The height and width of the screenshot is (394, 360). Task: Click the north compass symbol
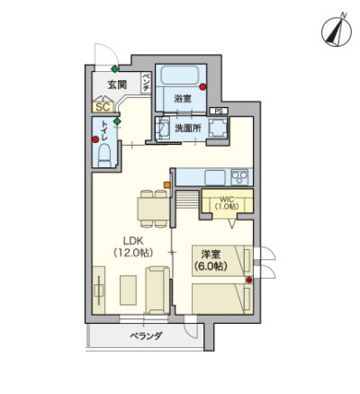coord(337,31)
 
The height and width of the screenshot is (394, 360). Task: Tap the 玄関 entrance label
coord(117,85)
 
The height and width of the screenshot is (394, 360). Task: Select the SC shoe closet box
coord(103,107)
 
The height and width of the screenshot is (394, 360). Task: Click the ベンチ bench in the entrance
coord(146,83)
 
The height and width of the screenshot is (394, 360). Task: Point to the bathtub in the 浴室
coord(180,75)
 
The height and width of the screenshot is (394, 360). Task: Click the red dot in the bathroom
coord(202,87)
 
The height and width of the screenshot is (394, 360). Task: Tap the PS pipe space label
coord(219,112)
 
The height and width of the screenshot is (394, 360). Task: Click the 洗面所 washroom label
coord(188,129)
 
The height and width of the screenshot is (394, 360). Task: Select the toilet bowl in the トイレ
coord(104,155)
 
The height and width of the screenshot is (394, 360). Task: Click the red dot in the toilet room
coord(95,139)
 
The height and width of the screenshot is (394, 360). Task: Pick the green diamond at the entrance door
coord(114,68)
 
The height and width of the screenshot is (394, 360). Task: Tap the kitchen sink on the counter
coord(215,178)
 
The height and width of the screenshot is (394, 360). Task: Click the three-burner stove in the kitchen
coord(239,177)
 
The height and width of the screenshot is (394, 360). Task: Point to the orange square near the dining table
coord(166,185)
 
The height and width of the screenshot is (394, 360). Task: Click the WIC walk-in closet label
coord(227,203)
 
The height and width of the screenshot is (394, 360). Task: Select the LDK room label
coord(133,246)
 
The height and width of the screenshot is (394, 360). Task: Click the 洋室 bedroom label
coord(211,260)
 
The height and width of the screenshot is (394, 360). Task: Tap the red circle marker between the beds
coord(248,280)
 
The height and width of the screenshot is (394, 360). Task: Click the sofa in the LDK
coord(157,291)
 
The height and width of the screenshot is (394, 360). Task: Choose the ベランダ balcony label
coord(146,336)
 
